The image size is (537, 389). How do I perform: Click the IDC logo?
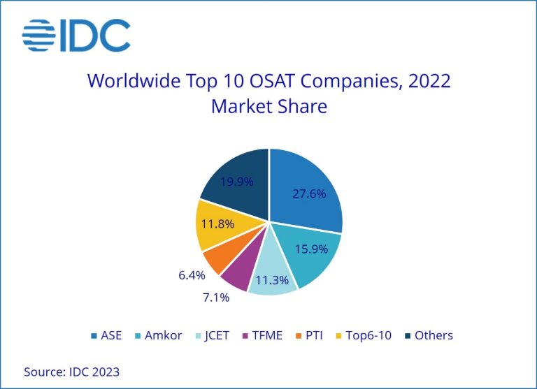(76, 36)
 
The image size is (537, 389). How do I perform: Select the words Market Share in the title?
(268, 108)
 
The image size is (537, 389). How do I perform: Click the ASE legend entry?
(106, 335)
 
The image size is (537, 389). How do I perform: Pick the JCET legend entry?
(217, 335)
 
